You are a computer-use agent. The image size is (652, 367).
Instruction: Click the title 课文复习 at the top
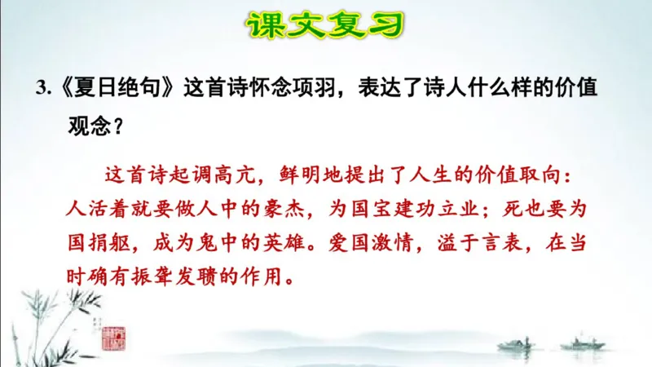[x=326, y=26]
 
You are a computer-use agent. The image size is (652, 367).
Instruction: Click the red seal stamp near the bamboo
[x=112, y=338]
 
